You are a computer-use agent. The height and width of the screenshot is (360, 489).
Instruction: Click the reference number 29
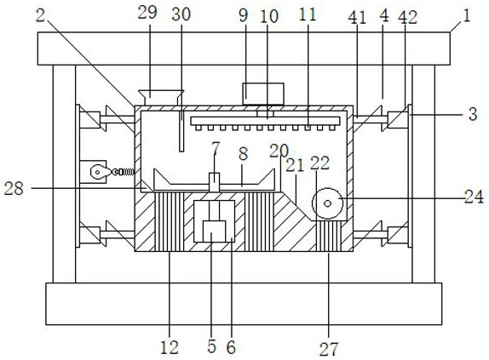coord(147,13)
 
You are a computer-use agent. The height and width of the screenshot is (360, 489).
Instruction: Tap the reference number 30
coord(181,14)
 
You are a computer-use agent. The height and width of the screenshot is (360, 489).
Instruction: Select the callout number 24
coord(474,197)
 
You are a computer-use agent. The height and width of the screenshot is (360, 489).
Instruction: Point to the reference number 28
coord(14,188)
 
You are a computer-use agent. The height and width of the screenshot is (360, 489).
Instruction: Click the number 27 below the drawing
coord(329,349)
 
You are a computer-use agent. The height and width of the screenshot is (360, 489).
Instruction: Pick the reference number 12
coord(170,347)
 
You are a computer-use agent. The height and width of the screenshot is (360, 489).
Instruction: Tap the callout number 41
coord(357,17)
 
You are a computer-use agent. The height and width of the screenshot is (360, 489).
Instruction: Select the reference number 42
coord(407,17)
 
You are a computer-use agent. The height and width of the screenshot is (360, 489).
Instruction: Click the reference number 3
coord(473,114)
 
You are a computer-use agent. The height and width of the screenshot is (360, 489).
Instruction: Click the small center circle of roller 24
coord(327,203)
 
